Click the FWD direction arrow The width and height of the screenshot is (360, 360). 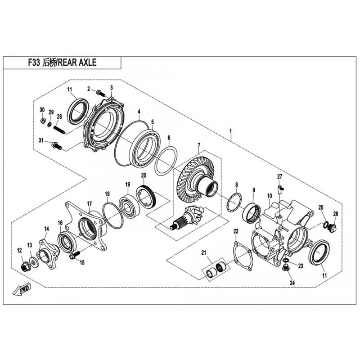coord(24,290)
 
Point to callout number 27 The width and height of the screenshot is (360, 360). coord(279,176)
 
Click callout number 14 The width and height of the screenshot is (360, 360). coord(46,229)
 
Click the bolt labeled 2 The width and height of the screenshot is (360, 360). coord(100,94)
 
